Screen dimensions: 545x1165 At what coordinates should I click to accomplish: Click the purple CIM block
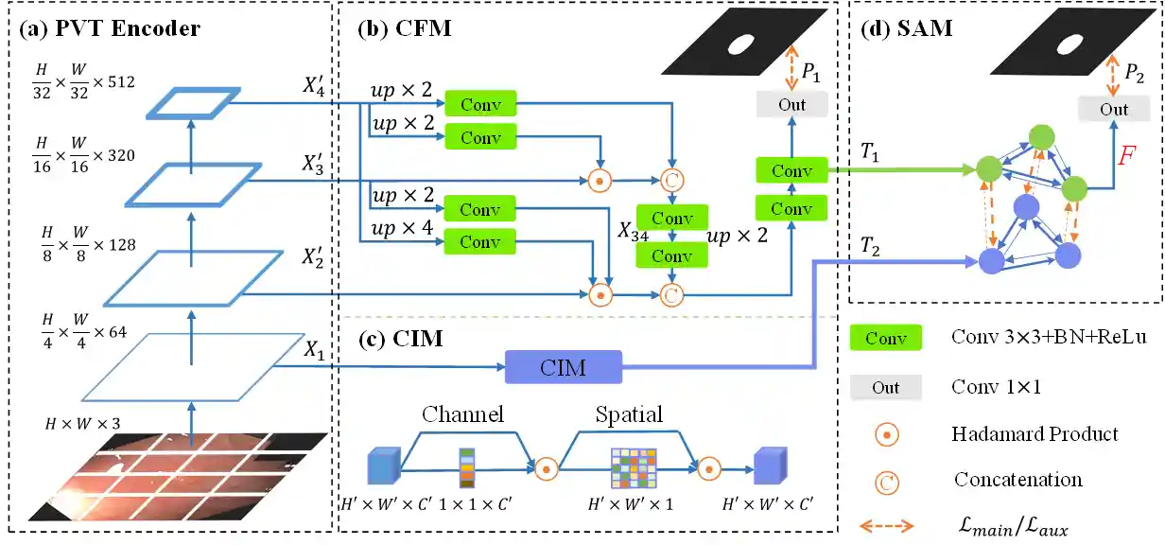click(564, 367)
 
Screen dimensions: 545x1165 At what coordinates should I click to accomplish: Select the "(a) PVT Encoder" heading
click(110, 28)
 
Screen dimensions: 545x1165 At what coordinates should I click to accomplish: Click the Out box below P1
click(791, 104)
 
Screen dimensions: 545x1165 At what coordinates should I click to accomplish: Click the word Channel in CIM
click(462, 413)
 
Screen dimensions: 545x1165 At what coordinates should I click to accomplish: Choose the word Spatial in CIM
click(629, 413)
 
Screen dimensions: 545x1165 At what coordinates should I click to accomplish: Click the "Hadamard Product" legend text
click(1035, 434)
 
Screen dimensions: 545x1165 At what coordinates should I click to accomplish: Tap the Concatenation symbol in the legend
click(887, 481)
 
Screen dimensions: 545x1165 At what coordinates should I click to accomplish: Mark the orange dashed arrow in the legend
click(886, 526)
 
